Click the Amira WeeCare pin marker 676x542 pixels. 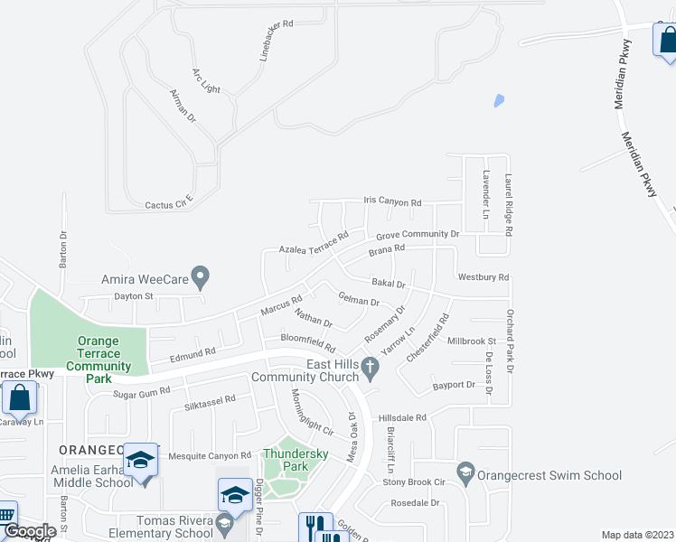(202, 275)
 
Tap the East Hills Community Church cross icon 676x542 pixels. (370, 367)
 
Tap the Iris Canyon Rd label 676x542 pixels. (393, 203)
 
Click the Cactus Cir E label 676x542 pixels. (169, 203)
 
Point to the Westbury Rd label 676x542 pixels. (484, 277)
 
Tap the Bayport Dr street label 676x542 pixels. (454, 385)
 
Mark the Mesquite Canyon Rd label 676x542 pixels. (209, 456)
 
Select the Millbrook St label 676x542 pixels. (472, 341)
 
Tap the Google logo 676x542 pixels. (29, 531)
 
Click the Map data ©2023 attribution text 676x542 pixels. (637, 535)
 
